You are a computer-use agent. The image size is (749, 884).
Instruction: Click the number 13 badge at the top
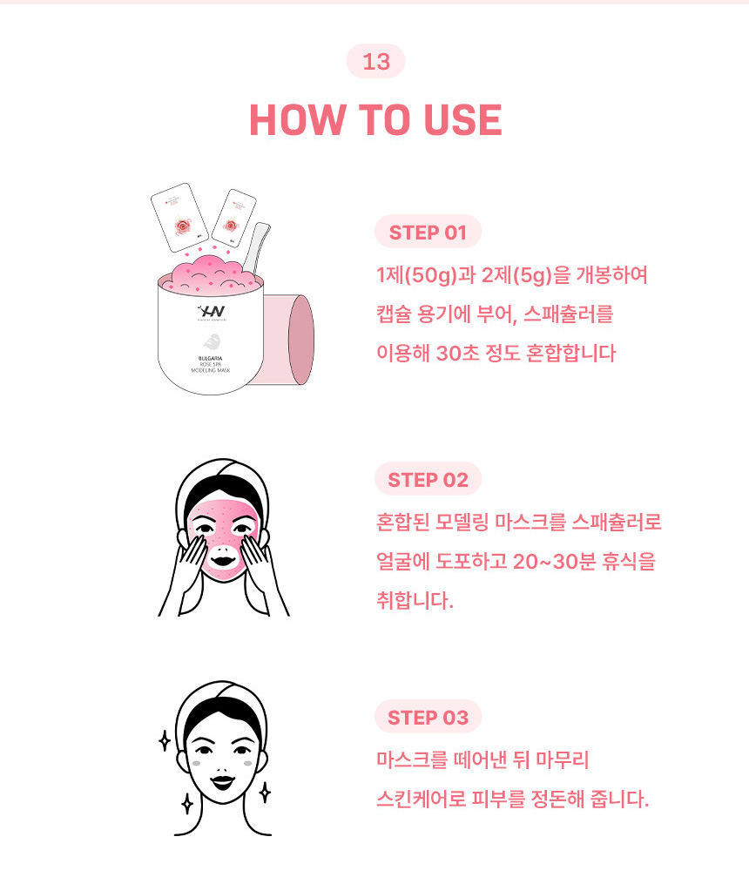pos(376,62)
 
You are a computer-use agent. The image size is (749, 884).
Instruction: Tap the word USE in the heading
pos(462,120)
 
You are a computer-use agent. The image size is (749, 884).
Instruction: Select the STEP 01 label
pos(428,232)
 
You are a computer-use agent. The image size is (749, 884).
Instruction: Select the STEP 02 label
pos(428,479)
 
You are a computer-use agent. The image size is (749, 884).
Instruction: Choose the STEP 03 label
pos(428,717)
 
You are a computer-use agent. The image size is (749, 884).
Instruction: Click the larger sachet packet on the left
pos(179,217)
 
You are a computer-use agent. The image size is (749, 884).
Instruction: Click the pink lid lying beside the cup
pos(288,340)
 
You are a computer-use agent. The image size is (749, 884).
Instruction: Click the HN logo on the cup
pos(212,312)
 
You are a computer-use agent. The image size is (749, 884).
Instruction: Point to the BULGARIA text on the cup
pos(210,359)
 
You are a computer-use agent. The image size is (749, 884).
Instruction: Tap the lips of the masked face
pos(223,561)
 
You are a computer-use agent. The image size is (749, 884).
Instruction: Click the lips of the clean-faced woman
pos(223,782)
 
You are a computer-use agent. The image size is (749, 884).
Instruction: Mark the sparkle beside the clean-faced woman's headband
pos(164,741)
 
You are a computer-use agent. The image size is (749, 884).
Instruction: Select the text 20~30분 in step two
pos(554,561)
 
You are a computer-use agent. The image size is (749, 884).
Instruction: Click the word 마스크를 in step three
pos(412,759)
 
